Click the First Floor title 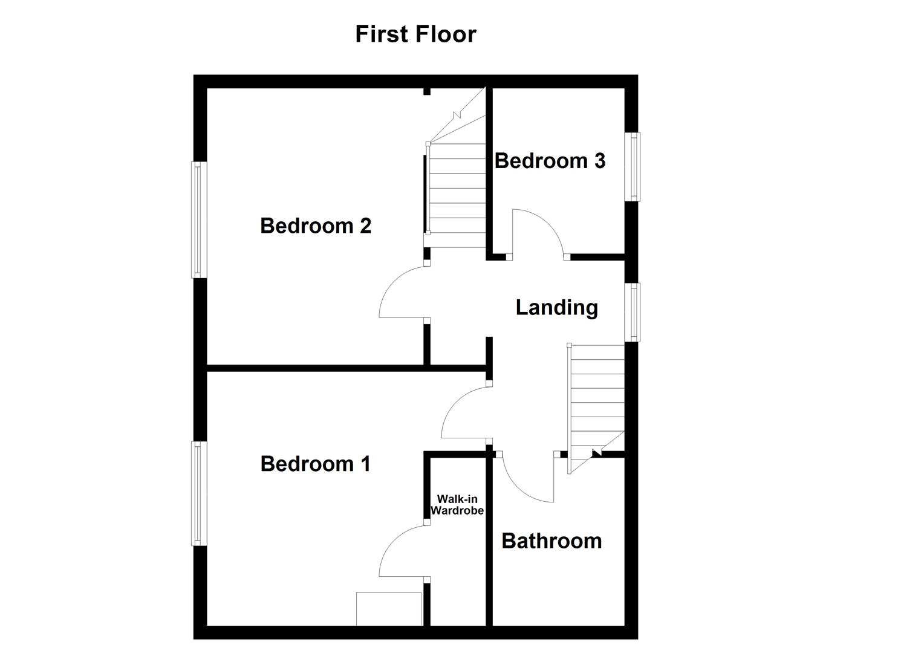click(415, 34)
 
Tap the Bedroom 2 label click(315, 226)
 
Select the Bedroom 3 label click(550, 161)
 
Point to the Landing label click(556, 308)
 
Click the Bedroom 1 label click(315, 464)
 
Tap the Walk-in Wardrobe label click(457, 505)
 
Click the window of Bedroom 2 click(199, 219)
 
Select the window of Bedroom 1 click(199, 493)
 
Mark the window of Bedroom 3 click(633, 166)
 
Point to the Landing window click(633, 312)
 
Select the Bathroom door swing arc click(524, 481)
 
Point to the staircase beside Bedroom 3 click(457, 181)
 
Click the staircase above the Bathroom click(596, 399)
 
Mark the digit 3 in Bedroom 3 click(599, 161)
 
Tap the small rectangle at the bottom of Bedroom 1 click(388, 608)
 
